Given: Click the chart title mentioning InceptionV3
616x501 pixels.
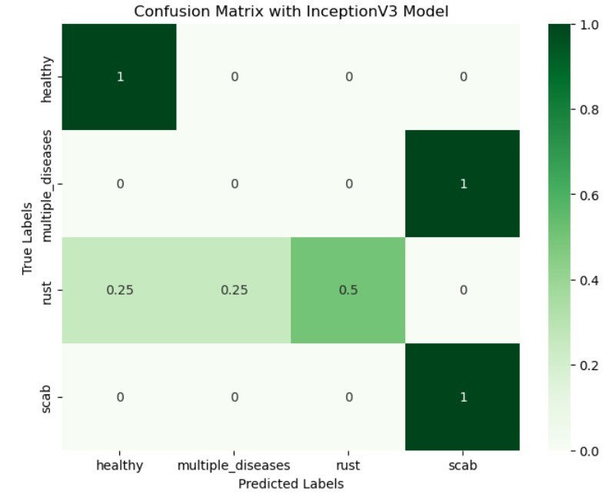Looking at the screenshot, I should point(291,12).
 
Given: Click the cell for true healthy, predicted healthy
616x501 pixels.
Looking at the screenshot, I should point(119,77).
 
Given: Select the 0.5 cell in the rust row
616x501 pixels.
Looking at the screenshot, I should point(348,290).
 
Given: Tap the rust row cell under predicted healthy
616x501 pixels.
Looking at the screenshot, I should point(119,290).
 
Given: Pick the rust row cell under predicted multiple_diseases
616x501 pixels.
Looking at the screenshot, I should point(234,290).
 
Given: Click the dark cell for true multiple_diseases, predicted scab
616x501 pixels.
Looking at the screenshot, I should point(462,184).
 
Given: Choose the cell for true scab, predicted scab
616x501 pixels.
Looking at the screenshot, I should point(462,396).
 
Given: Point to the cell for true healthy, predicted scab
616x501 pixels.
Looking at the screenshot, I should point(462,77).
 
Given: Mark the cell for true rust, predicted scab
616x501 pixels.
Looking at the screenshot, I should point(462,290).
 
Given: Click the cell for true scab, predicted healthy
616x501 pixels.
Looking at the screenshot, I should point(119,396).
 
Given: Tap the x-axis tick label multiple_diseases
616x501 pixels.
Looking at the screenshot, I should point(234,466).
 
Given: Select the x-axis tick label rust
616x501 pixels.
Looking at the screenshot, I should point(348,466).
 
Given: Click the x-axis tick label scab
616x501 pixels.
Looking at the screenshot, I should point(462,466).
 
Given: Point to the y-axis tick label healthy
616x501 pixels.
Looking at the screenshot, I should point(48,77).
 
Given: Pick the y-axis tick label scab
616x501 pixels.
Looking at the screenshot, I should point(48,396).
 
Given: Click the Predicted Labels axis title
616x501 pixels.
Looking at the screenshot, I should point(291,484).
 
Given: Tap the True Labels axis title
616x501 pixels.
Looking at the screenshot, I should point(28,237).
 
